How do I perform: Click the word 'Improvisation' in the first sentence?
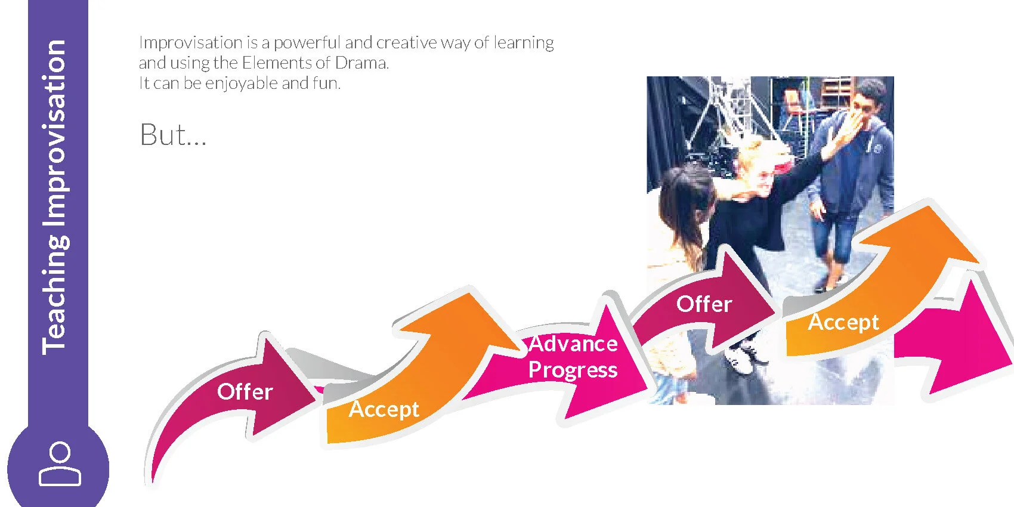[x=190, y=43]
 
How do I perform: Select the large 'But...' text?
[x=172, y=135]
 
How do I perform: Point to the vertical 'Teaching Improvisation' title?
[x=55, y=197]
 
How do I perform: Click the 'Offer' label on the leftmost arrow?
[x=245, y=392]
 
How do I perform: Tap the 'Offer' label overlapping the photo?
[x=704, y=304]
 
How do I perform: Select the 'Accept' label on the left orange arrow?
[x=384, y=409]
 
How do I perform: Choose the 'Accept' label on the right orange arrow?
[x=843, y=322]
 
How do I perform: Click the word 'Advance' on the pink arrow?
[x=573, y=344]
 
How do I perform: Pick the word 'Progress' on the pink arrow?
[x=573, y=370]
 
